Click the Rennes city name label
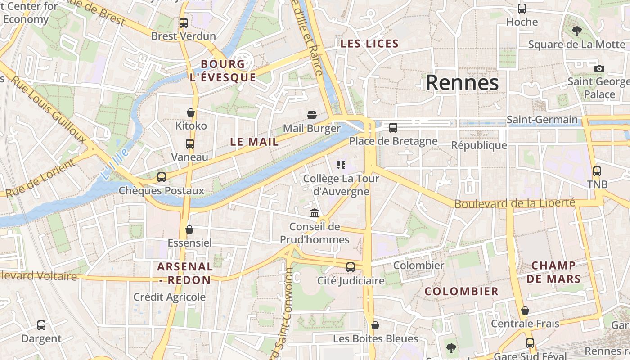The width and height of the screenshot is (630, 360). point(462,83)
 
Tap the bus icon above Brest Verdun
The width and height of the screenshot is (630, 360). point(183,22)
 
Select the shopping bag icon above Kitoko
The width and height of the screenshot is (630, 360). point(191,112)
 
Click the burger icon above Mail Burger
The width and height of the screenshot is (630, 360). point(312,115)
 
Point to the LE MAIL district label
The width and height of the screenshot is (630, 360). point(254,142)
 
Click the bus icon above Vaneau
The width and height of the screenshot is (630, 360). point(190,144)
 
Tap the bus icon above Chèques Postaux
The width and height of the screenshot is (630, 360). point(162,177)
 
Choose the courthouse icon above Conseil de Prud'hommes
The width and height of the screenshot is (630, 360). point(315,213)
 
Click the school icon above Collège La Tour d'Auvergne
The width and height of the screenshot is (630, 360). point(341,165)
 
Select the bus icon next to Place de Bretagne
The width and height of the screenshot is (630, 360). point(393,128)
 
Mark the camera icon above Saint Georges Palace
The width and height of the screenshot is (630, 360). point(599,68)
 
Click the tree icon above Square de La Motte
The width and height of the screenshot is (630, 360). point(576,31)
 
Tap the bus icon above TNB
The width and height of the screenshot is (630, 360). point(597,171)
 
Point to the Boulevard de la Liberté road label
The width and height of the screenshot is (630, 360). point(515,203)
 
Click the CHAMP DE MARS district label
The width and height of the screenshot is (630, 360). point(553,272)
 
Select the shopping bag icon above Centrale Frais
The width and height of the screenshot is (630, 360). point(525,310)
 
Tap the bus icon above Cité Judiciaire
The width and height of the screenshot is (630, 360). point(351,267)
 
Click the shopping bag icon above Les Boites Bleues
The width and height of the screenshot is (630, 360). point(375,325)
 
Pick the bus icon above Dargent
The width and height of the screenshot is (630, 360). point(41,325)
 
